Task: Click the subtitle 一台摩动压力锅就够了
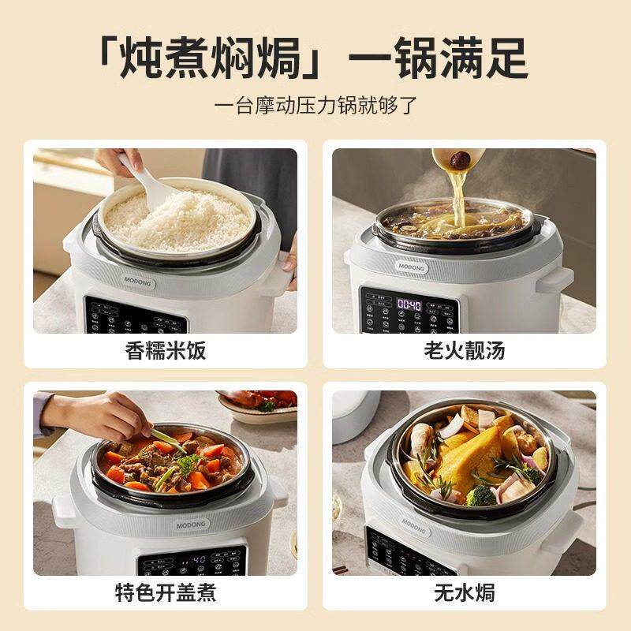point(315,106)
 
